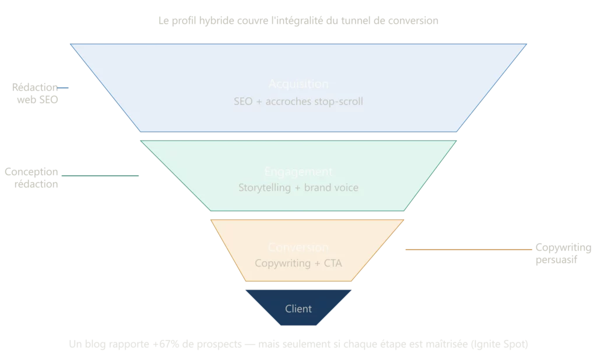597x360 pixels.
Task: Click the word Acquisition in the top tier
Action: point(298,84)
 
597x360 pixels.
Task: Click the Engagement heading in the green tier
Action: point(298,172)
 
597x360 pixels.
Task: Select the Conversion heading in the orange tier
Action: point(298,247)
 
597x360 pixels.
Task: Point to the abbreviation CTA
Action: point(332,263)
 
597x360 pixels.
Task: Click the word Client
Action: point(298,309)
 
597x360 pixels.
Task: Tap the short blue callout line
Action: point(64,88)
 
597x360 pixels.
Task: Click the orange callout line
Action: point(466,250)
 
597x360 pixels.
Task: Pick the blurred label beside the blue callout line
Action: point(35,94)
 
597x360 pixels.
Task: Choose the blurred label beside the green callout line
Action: point(33,177)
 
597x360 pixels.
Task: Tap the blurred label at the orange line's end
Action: point(562,254)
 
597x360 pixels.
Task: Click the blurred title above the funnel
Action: point(298,22)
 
